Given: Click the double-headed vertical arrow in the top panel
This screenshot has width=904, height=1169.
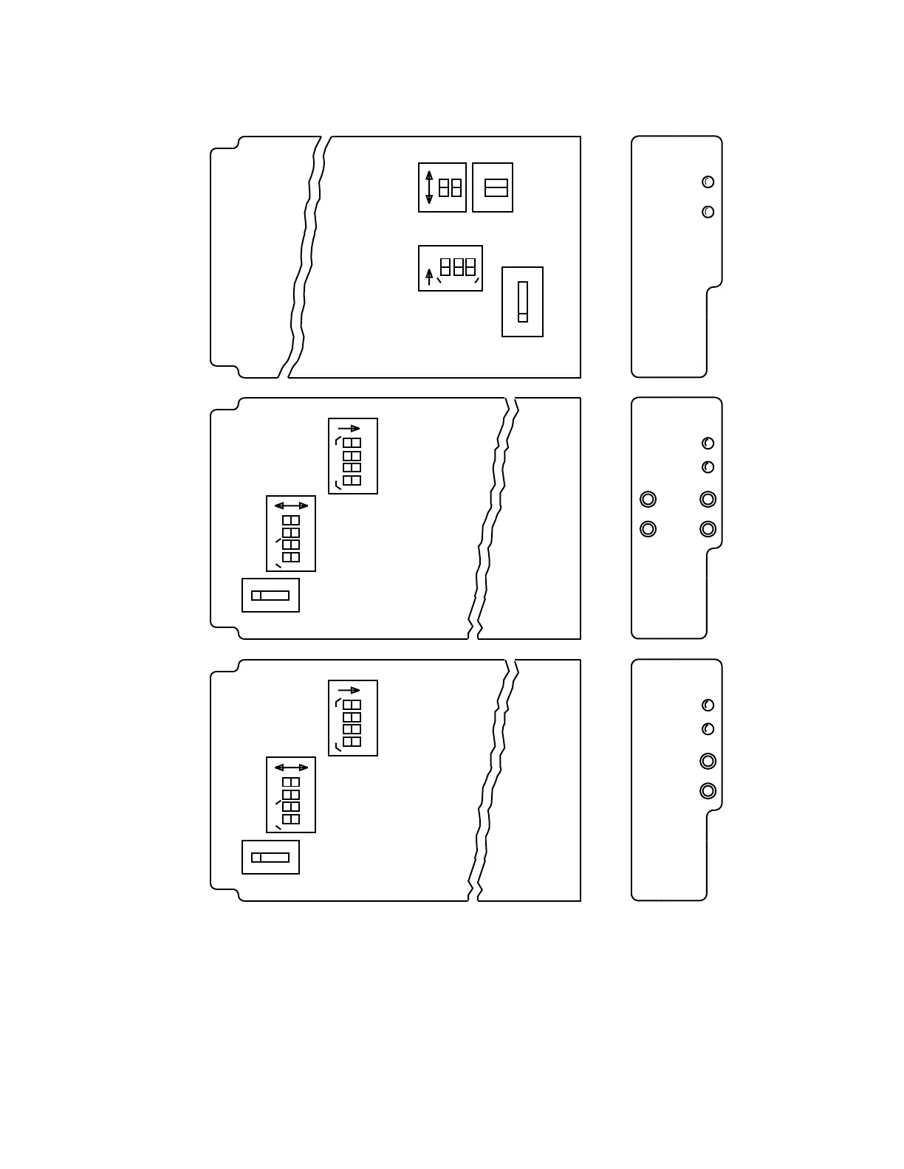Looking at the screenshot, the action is [429, 187].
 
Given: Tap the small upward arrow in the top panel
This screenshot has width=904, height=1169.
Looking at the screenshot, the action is [429, 277].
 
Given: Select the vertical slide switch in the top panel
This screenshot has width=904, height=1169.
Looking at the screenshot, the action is [523, 302].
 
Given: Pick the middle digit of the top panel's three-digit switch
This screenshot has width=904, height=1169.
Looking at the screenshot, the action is [458, 266].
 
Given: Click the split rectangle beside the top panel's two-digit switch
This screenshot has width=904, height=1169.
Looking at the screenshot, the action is [496, 187].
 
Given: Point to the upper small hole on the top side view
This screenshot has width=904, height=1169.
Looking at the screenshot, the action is [708, 182].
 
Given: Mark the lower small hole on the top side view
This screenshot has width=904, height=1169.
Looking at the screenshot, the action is [708, 212].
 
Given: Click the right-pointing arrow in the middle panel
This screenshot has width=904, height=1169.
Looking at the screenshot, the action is [349, 428].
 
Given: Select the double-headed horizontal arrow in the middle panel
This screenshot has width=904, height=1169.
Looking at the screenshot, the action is [291, 506].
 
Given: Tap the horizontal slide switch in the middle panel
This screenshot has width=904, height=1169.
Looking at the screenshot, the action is [270, 596].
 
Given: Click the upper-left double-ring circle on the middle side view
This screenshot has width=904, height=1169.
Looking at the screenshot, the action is [648, 500].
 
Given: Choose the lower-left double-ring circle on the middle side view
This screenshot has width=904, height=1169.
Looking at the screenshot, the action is [648, 529].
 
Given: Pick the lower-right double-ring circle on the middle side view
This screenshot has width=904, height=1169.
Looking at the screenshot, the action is [708, 529].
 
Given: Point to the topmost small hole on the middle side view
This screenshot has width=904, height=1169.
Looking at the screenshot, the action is [708, 443].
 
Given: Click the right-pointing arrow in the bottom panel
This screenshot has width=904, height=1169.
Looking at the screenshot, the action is [349, 690].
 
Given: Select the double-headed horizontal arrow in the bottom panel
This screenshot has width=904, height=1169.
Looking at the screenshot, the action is [291, 768].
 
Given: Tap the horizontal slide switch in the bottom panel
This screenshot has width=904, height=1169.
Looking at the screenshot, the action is [270, 858].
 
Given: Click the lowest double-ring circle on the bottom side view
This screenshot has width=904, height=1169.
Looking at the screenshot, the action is [708, 791].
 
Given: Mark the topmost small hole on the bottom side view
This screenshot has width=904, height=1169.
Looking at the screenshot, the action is [708, 705].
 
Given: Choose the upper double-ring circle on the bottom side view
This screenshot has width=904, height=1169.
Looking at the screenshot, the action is [708, 761].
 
